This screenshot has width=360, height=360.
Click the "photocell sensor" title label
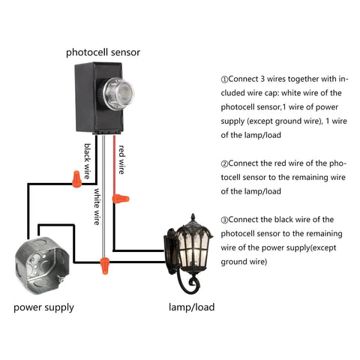tap(103, 52)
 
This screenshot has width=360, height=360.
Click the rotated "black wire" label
tap(88, 160)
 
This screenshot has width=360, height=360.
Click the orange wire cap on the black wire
tap(76, 178)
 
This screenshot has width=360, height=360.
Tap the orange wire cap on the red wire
tap(119, 199)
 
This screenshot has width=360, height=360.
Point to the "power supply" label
tap(43, 307)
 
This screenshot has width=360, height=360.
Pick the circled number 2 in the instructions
tap(224, 163)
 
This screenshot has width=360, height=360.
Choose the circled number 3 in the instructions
tap(224, 219)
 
